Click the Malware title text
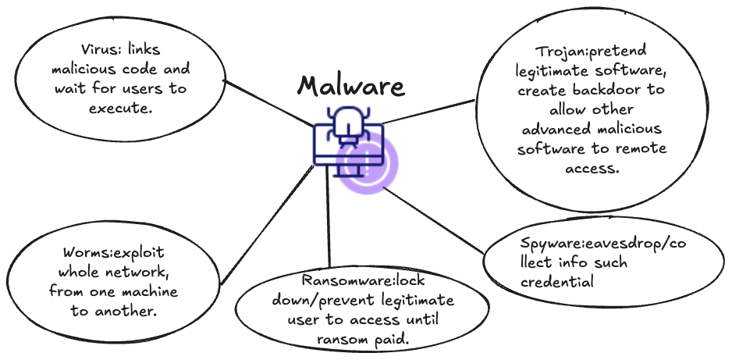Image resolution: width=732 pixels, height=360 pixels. [352, 86]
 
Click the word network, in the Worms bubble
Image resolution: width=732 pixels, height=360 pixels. [141, 274]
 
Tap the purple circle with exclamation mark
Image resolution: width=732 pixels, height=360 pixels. [368, 164]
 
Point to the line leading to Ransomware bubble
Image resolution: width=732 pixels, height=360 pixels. [329, 226]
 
